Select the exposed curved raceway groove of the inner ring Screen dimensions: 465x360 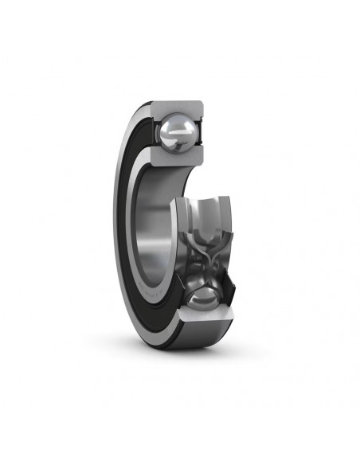(203, 215)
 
